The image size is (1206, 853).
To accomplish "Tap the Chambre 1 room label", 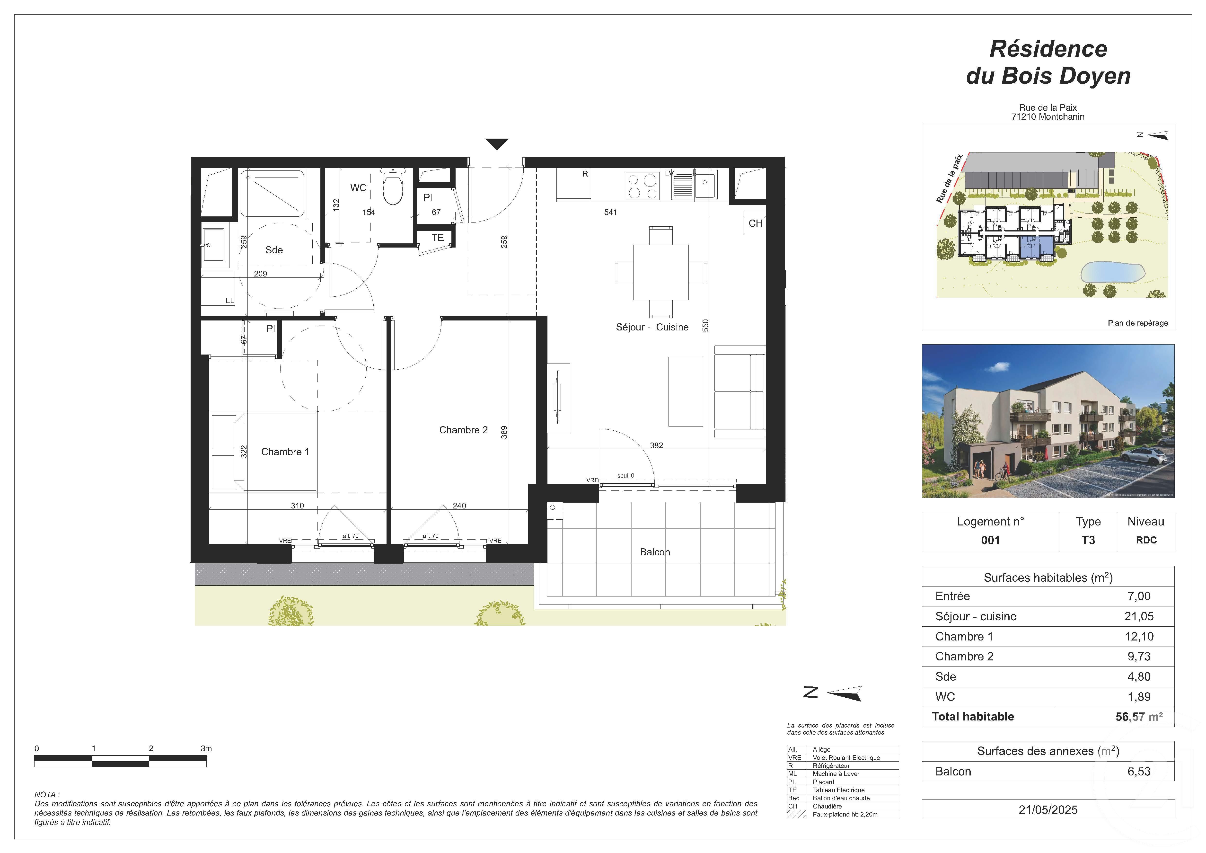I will pos(285,452).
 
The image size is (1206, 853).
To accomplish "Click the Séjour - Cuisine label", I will pos(652,327).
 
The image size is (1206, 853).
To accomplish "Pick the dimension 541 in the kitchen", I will pos(610,212).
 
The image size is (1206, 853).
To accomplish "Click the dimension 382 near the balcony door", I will pos(656,445).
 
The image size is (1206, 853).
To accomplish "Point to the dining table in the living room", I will pos(660,272).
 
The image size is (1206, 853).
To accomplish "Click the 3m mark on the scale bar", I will pos(206,748).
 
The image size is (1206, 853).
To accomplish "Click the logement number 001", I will pos(990,540).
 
